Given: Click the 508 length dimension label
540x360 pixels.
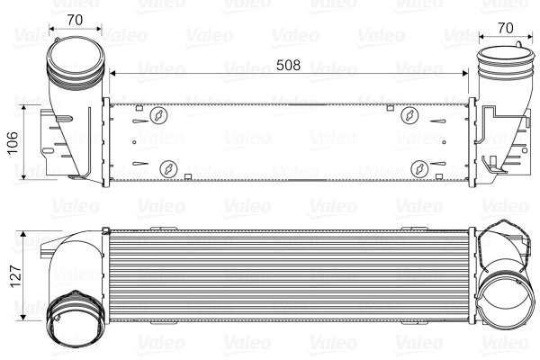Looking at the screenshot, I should (x=286, y=66).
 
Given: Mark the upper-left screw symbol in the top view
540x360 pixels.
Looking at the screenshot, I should (x=159, y=115).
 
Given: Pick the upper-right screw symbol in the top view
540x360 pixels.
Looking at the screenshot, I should (x=409, y=115).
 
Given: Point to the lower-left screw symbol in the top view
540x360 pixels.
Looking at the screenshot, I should (x=169, y=168).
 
